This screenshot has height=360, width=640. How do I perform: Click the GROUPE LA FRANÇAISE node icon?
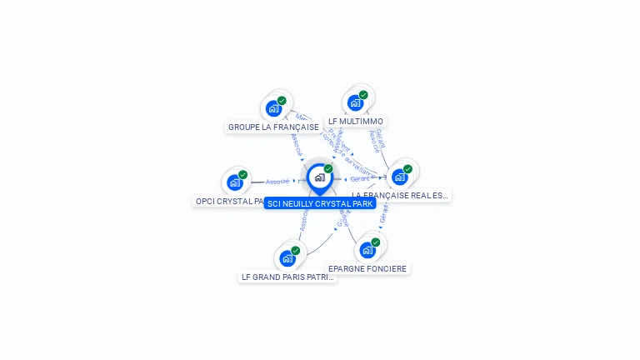pyautogui.click(x=273, y=108)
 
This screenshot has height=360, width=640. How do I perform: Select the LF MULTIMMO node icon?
pyautogui.click(x=355, y=103)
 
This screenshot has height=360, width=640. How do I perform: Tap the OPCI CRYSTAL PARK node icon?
pyautogui.click(x=235, y=182)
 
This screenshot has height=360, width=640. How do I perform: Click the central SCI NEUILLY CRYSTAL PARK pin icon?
pyautogui.click(x=319, y=177)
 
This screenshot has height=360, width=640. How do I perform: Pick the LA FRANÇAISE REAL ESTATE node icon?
pyautogui.click(x=400, y=177)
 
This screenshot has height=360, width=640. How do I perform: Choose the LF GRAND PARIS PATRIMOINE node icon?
pyautogui.click(x=287, y=258)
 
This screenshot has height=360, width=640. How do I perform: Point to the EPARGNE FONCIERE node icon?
pyautogui.click(x=367, y=250)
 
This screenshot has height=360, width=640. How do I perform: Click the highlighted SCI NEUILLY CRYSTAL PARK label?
pyautogui.click(x=320, y=203)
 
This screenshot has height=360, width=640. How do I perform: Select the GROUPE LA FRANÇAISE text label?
pyautogui.click(x=273, y=127)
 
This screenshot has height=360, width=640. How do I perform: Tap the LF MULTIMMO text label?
pyautogui.click(x=356, y=122)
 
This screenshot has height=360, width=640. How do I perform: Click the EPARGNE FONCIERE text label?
pyautogui.click(x=367, y=269)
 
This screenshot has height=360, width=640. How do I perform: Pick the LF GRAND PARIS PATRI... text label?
pyautogui.click(x=287, y=277)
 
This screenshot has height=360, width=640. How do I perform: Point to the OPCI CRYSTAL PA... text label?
pyautogui.click(x=230, y=202)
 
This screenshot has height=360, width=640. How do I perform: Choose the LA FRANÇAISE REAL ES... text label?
pyautogui.click(x=401, y=196)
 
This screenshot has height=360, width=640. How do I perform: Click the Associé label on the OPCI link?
pyautogui.click(x=277, y=181)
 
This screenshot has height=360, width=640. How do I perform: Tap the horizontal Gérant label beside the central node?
pyautogui.click(x=360, y=179)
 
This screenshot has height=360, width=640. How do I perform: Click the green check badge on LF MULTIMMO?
pyautogui.click(x=363, y=95)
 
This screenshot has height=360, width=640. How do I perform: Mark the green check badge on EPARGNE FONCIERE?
pyautogui.click(x=376, y=242)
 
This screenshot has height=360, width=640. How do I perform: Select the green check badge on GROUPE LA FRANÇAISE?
pyautogui.click(x=282, y=101)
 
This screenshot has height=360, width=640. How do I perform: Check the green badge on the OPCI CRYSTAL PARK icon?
pyautogui.click(x=242, y=175)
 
